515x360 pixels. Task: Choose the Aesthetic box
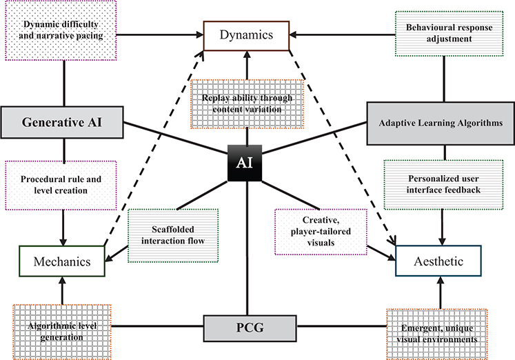[438, 261]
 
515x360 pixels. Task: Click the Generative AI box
[63, 123]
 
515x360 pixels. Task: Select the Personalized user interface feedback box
[438, 185]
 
